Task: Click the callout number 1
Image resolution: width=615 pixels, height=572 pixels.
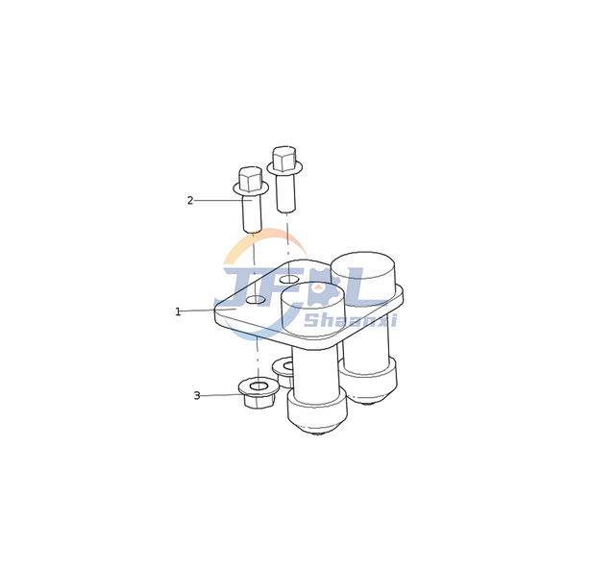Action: (178, 311)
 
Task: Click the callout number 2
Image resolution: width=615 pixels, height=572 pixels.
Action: (190, 201)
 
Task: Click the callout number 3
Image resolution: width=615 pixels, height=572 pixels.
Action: (197, 395)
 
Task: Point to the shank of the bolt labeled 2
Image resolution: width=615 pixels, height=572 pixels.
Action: (252, 212)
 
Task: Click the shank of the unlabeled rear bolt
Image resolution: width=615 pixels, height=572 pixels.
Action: (285, 192)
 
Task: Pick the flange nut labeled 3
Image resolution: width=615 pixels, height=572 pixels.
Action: (258, 393)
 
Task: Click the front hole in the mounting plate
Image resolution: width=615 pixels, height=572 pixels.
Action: (256, 300)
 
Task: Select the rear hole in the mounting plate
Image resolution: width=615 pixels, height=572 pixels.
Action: (289, 280)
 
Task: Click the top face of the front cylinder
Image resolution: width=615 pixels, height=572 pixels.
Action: (312, 294)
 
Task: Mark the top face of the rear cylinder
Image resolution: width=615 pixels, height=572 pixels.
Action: (363, 263)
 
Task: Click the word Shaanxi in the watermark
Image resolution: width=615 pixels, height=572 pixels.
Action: (350, 320)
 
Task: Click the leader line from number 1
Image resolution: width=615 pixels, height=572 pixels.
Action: (209, 311)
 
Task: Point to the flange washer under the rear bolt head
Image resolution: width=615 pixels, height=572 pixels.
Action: (284, 167)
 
